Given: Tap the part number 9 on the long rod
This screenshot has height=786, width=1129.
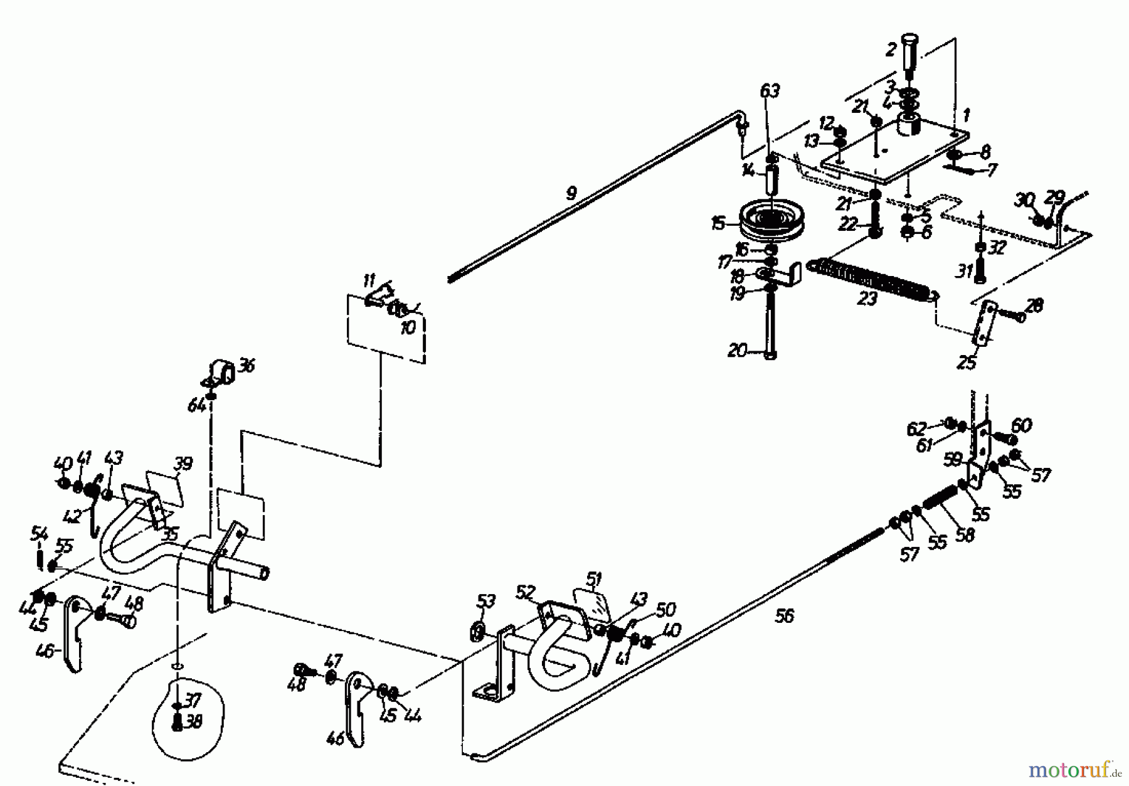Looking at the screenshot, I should point(571,193).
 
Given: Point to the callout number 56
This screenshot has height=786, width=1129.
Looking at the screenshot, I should point(784,617).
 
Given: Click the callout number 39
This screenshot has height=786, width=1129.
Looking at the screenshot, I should point(184,464).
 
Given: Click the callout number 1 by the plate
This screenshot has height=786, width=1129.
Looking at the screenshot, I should point(967,115).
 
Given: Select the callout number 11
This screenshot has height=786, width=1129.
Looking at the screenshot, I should point(369,280).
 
